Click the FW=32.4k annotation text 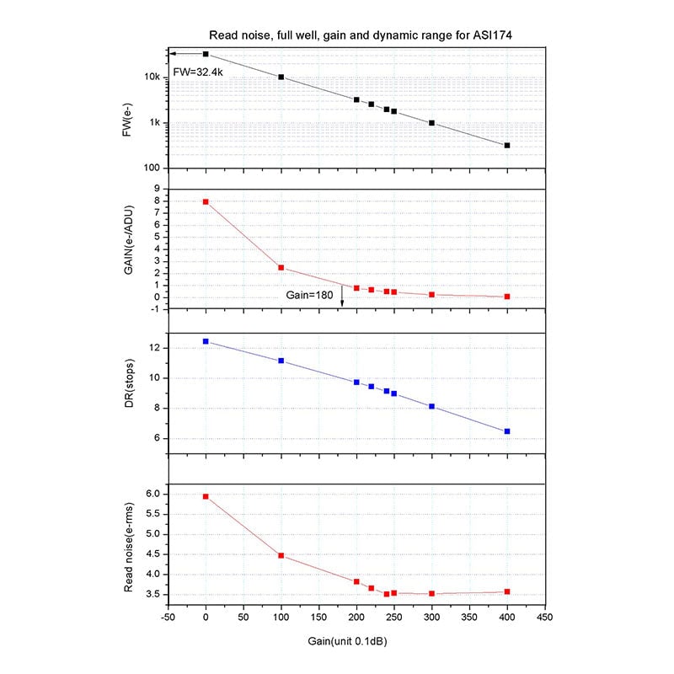198,72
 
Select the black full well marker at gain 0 206,54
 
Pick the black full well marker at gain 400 507,146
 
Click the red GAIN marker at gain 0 206,202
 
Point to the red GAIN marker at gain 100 281,268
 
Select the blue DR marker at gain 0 206,341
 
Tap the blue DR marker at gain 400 507,431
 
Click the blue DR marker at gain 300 431,406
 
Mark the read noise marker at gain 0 206,496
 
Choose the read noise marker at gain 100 281,555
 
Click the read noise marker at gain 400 507,591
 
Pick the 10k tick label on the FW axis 152,78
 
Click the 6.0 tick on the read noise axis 152,494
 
